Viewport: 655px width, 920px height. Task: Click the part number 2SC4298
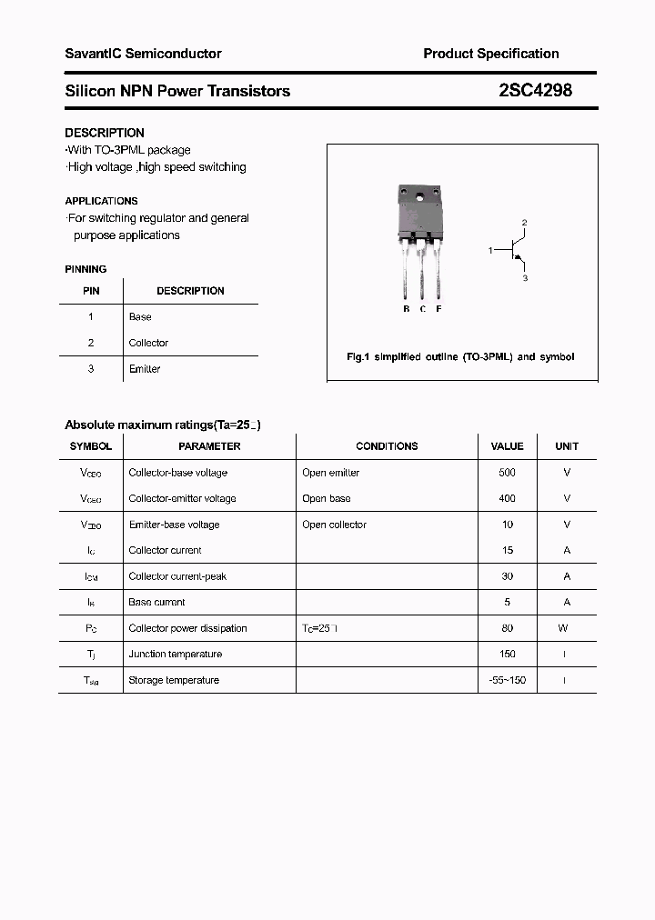click(x=535, y=91)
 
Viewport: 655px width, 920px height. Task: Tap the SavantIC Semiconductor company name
click(x=143, y=54)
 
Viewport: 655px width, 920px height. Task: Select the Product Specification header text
click(x=490, y=54)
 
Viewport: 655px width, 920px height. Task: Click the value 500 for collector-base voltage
click(x=507, y=473)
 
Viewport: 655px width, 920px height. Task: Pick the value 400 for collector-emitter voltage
click(x=507, y=498)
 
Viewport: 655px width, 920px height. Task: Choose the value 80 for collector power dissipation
click(x=507, y=628)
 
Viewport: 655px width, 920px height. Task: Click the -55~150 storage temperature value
click(x=507, y=680)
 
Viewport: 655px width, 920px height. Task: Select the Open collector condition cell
click(x=334, y=525)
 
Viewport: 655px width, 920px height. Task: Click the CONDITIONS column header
click(x=387, y=446)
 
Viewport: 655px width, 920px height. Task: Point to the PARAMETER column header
click(x=209, y=446)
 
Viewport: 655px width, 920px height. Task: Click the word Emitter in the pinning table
click(x=145, y=369)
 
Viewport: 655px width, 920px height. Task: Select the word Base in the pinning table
click(x=140, y=317)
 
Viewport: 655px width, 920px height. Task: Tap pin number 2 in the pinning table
click(x=91, y=343)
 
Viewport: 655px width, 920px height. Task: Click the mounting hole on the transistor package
click(x=419, y=196)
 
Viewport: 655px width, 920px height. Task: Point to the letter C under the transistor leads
click(x=422, y=309)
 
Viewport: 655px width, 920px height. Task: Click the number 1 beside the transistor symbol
click(x=490, y=249)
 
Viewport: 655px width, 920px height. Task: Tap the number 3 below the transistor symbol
click(x=525, y=278)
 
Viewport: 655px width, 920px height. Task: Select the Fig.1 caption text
click(x=460, y=357)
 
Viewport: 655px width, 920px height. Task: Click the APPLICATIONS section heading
click(x=101, y=201)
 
